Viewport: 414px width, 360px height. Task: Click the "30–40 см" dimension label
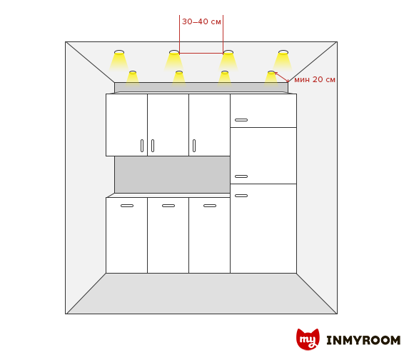pos(201,21)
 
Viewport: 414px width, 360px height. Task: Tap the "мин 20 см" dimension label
pos(315,79)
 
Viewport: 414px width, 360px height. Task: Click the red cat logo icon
pos(308,339)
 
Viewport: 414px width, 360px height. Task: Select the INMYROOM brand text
pos(363,340)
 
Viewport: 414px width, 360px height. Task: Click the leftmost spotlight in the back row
pos(119,52)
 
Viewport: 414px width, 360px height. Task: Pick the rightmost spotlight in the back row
pos(283,52)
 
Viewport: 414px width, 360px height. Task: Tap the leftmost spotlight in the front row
pos(133,72)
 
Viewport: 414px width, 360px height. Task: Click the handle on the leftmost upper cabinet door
pos(142,146)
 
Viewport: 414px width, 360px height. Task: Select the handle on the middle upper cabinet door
pos(153,146)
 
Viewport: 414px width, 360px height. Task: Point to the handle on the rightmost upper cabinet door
pos(194,146)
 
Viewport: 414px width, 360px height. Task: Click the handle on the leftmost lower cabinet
pos(127,206)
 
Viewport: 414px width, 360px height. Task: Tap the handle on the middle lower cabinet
pos(168,206)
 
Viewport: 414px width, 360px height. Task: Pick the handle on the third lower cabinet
pos(210,206)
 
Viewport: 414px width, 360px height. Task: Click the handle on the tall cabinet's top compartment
pos(241,120)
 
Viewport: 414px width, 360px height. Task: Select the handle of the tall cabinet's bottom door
pos(241,196)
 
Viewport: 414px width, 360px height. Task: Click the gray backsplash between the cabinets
pos(172,174)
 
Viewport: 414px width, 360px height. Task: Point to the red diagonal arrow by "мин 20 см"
pos(281,77)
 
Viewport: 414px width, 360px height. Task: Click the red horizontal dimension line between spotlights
pos(201,54)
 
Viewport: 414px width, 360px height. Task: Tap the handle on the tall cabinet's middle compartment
pos(241,176)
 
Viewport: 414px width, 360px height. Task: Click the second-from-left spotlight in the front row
pos(179,72)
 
